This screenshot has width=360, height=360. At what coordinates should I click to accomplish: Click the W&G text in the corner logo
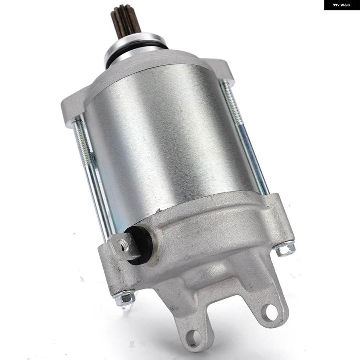pos(345,5)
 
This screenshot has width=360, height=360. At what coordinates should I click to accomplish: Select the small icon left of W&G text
pos(336,5)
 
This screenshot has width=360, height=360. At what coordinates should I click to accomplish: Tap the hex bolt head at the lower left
pos(124,298)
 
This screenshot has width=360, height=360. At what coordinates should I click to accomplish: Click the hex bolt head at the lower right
pos(285,250)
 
